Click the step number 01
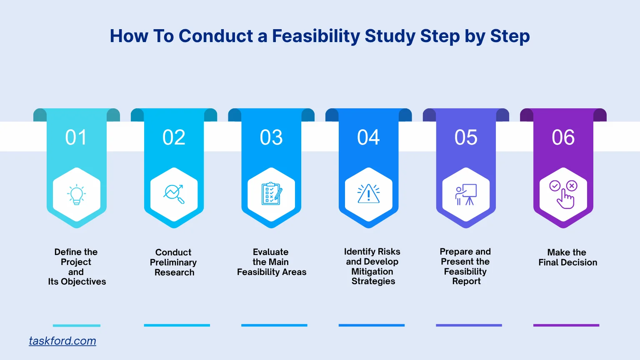(x=76, y=137)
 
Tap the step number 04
(x=368, y=137)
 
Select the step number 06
(x=563, y=137)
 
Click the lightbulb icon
(x=77, y=195)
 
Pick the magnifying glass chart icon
(x=174, y=194)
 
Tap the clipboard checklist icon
(x=271, y=194)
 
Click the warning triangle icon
(x=368, y=194)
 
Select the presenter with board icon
(x=466, y=195)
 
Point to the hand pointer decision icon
(x=563, y=194)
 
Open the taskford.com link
(x=62, y=341)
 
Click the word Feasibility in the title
(x=316, y=36)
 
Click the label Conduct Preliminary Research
(x=173, y=262)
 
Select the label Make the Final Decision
(x=567, y=257)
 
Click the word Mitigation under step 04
(x=372, y=272)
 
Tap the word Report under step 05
(x=466, y=281)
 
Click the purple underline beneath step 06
(x=566, y=325)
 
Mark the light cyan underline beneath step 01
(x=77, y=325)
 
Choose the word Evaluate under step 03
(x=270, y=252)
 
